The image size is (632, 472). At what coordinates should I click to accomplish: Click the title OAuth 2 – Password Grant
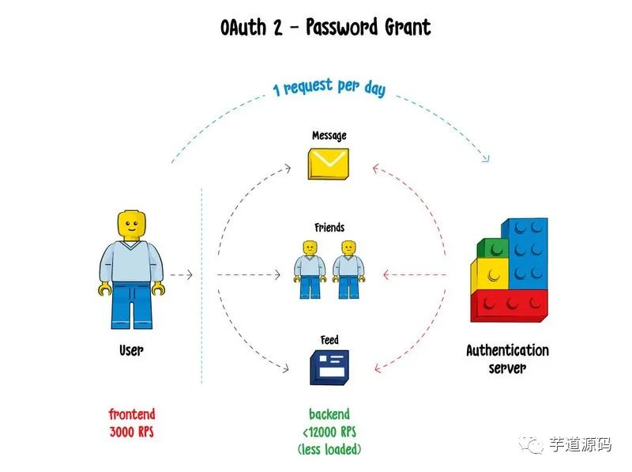[x=326, y=27]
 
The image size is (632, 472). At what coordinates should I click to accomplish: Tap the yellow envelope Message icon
[x=329, y=163]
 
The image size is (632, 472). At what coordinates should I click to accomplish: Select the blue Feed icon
[x=329, y=368]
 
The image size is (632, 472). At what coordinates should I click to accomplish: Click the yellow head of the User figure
[x=131, y=225]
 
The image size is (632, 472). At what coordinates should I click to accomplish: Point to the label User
[x=131, y=349]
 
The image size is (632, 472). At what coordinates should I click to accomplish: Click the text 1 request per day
[x=329, y=86]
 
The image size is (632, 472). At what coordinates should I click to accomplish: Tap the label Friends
[x=329, y=228]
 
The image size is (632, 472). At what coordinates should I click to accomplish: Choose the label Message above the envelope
[x=329, y=136]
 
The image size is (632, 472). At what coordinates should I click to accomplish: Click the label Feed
[x=329, y=340]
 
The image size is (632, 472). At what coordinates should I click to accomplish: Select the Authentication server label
[x=507, y=359]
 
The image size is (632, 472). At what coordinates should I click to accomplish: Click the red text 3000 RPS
[x=132, y=431]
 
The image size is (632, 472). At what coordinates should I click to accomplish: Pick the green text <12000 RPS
[x=329, y=432]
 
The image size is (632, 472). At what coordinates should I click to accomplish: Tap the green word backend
[x=329, y=414]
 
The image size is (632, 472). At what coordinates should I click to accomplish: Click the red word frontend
[x=132, y=414]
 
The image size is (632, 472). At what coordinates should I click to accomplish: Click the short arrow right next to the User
[x=181, y=275]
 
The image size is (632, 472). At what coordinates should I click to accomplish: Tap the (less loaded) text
[x=329, y=449]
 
